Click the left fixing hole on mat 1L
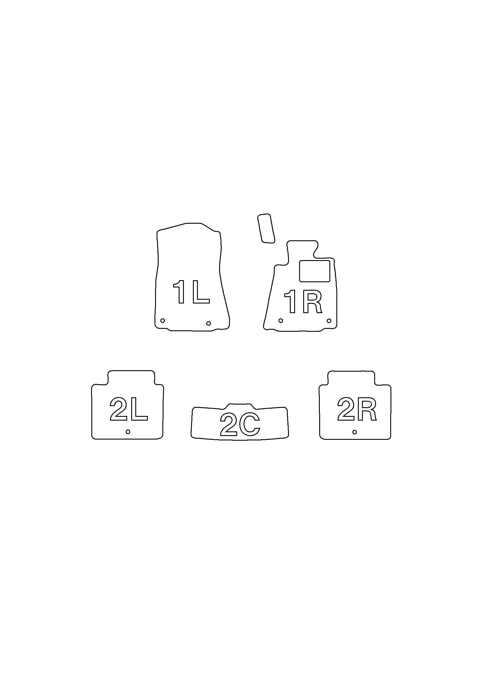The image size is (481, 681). point(162,320)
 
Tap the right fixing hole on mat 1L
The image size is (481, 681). point(208,323)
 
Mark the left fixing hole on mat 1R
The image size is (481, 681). point(281,320)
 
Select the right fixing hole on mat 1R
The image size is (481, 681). point(329,320)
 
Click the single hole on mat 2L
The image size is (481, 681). point(128,432)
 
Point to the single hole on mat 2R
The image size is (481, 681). point(354,432)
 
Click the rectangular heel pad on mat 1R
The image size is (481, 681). point(315,271)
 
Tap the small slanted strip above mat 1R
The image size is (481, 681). point(266,228)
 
